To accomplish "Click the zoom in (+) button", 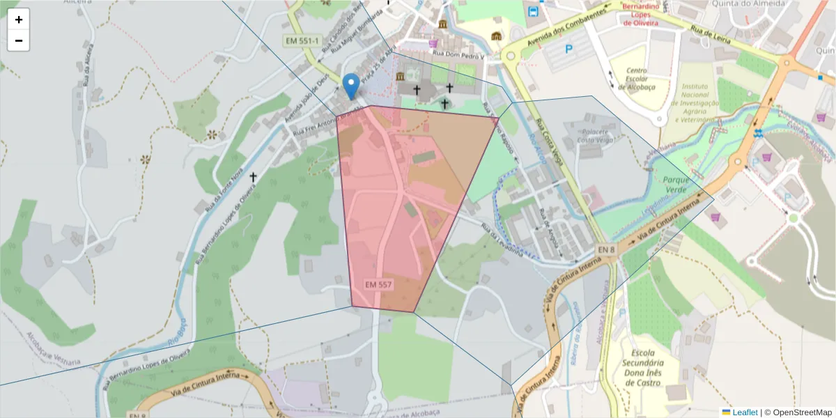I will [18, 20].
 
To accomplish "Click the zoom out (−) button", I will [18, 40].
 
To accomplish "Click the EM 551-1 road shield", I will [302, 41].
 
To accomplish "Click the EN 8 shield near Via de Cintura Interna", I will [606, 249].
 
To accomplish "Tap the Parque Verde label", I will [676, 185].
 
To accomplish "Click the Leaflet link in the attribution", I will [745, 412].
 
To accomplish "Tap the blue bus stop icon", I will [534, 11].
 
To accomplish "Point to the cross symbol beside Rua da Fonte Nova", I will [253, 178].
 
